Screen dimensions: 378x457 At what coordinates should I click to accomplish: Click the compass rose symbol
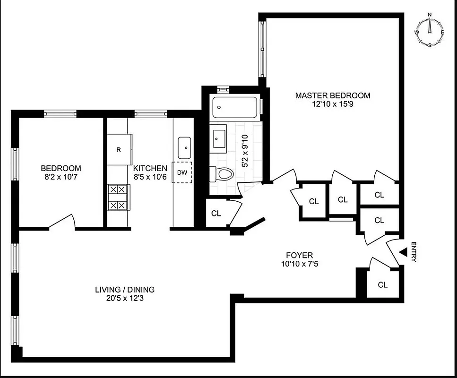click(x=430, y=32)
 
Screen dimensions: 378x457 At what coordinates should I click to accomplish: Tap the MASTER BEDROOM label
click(x=333, y=95)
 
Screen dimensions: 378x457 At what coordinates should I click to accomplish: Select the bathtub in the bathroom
click(x=235, y=108)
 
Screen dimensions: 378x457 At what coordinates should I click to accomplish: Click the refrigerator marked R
click(x=119, y=149)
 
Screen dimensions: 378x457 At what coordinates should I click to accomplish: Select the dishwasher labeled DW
click(x=182, y=172)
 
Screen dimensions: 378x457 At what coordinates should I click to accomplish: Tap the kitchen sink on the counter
click(x=184, y=147)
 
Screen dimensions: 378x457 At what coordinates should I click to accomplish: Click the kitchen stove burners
click(x=118, y=198)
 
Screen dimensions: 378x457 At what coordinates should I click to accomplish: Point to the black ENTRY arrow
click(x=403, y=253)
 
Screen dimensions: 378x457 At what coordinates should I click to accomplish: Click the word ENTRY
click(x=414, y=252)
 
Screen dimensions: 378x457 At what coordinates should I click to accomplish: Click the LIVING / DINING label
click(x=125, y=290)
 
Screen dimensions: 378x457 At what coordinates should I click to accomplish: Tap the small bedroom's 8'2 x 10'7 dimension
click(x=60, y=177)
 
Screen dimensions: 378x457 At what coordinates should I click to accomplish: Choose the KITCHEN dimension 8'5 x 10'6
click(x=150, y=177)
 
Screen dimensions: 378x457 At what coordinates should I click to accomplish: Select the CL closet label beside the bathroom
click(x=216, y=214)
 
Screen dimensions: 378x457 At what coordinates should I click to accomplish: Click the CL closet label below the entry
click(x=383, y=285)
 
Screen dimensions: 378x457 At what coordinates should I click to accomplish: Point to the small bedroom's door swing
click(x=61, y=222)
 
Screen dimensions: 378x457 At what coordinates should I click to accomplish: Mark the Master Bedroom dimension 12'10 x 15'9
click(x=333, y=104)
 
